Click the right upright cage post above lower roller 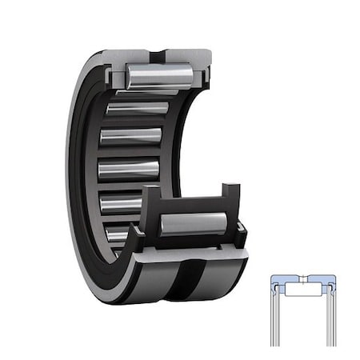[x=231, y=200]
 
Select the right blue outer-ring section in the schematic [x=323, y=281]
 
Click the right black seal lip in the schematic [x=331, y=289]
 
